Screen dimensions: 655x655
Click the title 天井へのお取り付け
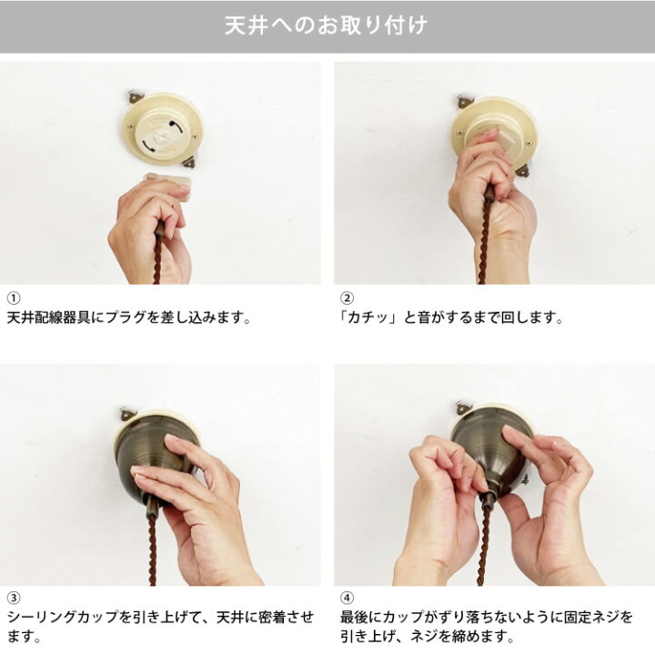pos(327,26)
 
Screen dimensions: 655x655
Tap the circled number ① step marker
pos(13,298)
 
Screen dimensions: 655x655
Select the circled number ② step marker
pos(347,298)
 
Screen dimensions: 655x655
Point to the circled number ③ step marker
pos(13,598)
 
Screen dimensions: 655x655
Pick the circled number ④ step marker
pos(347,598)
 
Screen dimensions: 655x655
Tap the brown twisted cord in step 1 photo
pos(158,259)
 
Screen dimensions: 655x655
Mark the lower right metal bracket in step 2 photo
pos(523,169)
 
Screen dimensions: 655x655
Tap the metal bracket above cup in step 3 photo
pos(126,415)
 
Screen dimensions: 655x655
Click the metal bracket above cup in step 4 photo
pos(464,408)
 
